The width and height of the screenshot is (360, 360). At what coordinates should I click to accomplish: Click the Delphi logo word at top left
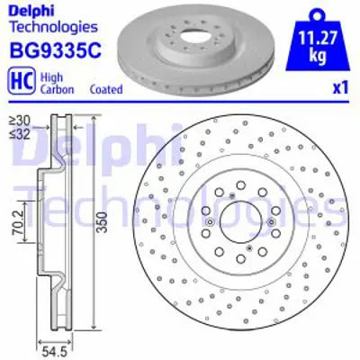pos(31,11)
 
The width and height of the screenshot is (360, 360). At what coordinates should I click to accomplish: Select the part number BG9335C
pos(45,52)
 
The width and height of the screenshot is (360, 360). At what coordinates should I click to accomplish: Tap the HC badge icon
pos(19,81)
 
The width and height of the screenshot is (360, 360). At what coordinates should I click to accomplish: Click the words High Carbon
pos(54,81)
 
